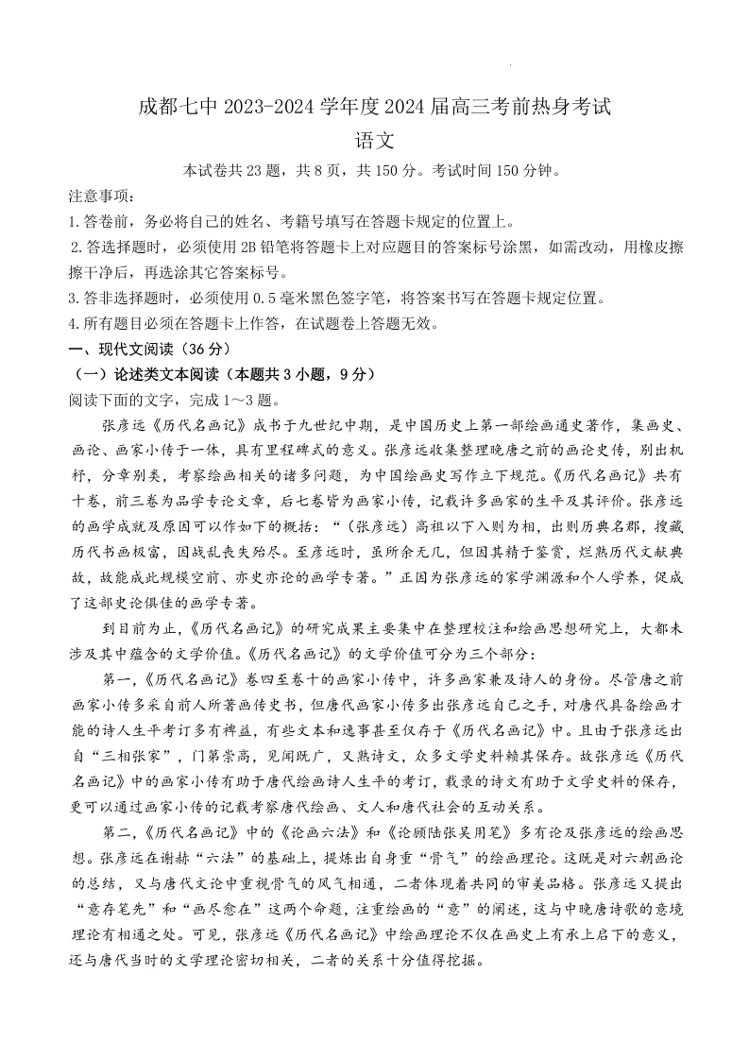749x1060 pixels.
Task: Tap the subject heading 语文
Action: [374, 141]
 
